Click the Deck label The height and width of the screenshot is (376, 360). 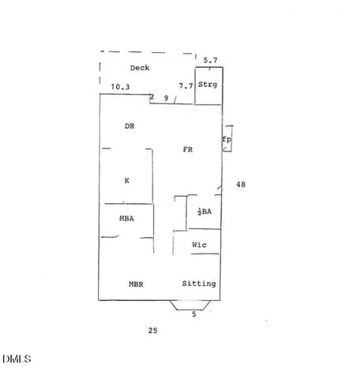140,68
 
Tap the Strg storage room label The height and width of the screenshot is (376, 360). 208,85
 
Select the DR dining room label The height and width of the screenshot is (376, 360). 129,126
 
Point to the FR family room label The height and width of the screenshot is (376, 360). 188,149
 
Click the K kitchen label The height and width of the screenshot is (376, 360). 127,181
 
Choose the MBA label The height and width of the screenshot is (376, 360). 126,218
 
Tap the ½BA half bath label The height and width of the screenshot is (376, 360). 204,212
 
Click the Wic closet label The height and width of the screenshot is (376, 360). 199,245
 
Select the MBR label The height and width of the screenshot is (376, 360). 136,284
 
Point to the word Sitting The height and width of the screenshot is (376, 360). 199,284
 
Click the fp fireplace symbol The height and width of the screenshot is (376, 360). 227,138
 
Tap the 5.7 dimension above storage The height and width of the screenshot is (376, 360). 210,60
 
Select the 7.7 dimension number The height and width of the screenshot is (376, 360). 186,86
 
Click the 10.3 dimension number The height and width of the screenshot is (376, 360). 120,87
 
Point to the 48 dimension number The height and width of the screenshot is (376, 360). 241,185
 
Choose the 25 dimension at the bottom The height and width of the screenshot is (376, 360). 152,330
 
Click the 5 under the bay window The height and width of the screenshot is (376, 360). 194,314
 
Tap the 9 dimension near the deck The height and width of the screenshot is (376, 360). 166,98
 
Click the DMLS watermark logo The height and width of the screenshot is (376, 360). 17,359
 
